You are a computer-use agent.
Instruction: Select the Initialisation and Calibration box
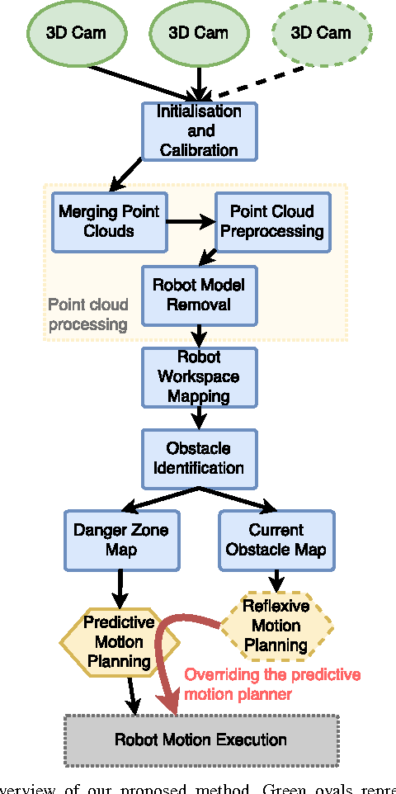pyautogui.click(x=200, y=130)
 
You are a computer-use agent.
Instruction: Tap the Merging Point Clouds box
pyautogui.click(x=108, y=221)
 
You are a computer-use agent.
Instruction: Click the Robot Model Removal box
pyautogui.click(x=199, y=295)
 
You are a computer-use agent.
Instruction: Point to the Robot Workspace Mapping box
pyautogui.click(x=199, y=376)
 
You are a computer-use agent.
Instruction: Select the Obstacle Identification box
pyautogui.click(x=199, y=458)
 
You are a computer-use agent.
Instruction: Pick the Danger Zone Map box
pyautogui.click(x=120, y=540)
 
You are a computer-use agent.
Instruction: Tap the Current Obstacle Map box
pyautogui.click(x=276, y=540)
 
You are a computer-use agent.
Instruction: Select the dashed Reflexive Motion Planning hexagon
pyautogui.click(x=276, y=625)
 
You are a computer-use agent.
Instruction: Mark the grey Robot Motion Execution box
pyautogui.click(x=200, y=740)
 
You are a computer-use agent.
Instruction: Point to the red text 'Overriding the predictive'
pyautogui.click(x=272, y=674)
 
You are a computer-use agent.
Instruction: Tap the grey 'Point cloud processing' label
pyautogui.click(x=87, y=314)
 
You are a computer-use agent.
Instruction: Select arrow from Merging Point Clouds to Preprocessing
pyautogui.click(x=189, y=221)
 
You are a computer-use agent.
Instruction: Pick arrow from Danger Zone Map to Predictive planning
pyautogui.click(x=120, y=588)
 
